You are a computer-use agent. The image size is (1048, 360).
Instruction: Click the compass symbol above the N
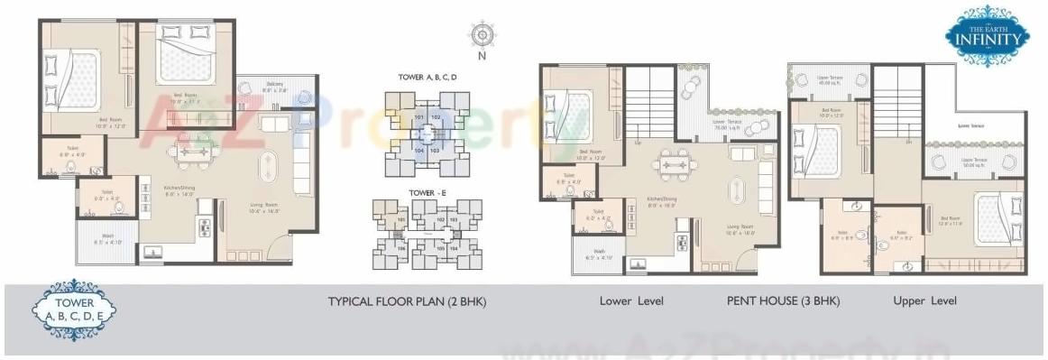tap(482, 35)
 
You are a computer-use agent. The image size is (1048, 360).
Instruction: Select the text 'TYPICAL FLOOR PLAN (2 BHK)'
tap(407, 301)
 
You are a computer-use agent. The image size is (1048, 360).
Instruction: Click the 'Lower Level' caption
tap(631, 301)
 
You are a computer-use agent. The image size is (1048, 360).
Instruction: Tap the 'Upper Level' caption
tap(924, 301)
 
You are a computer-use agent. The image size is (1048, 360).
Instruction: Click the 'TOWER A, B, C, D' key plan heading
tap(427, 78)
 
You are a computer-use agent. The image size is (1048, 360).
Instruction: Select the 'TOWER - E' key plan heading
tap(427, 192)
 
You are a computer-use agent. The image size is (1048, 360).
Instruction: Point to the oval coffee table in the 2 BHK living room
tap(270, 169)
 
